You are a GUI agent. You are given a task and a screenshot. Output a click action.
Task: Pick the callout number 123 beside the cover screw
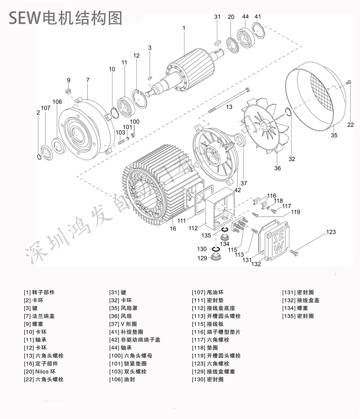pos(331,232)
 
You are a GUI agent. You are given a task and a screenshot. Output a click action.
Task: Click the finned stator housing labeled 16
pos(157,189)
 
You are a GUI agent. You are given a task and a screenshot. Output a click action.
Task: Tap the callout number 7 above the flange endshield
pos(88,80)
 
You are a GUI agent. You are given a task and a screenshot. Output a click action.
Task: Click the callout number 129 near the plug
pos(202,258)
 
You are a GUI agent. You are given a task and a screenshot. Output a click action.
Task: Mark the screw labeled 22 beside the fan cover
pos(348,82)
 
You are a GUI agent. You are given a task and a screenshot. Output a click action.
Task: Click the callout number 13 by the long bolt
pos(229,107)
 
